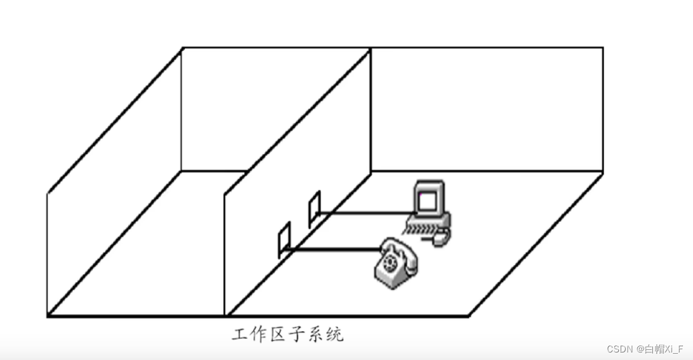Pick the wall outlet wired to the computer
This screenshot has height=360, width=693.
(x=314, y=209)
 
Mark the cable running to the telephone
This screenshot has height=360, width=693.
(x=333, y=251)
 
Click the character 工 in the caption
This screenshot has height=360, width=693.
(x=239, y=334)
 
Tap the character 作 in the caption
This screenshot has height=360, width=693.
(x=259, y=334)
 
